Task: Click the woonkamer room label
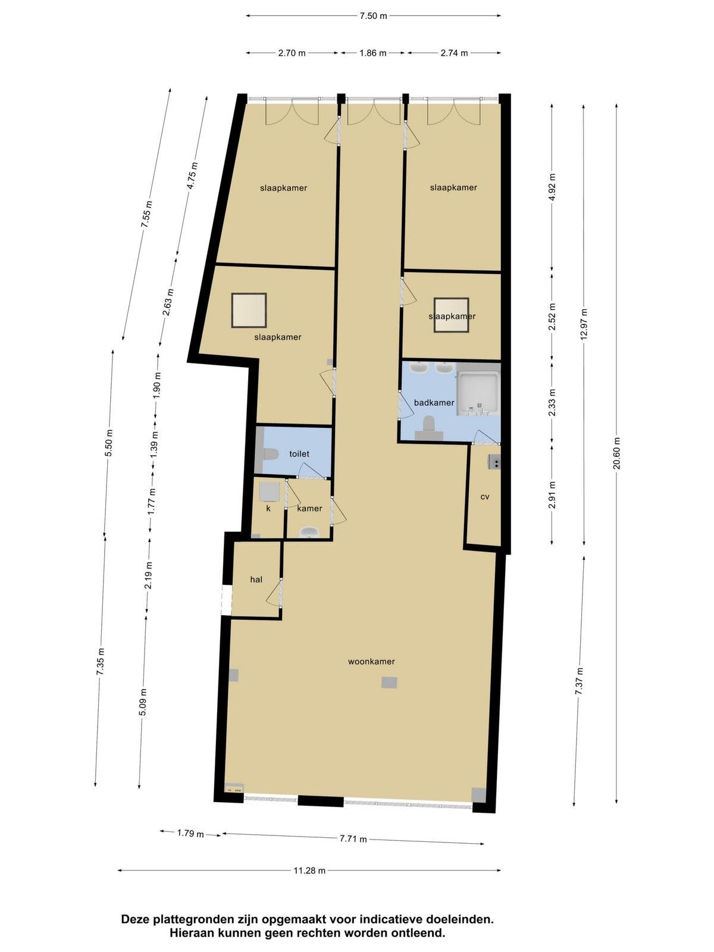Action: point(371,662)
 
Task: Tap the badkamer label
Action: point(434,402)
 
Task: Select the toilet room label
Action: point(299,453)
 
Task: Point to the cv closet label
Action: point(485,497)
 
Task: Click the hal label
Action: point(256,579)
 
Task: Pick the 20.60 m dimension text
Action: point(617,453)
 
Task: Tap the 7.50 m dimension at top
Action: point(373,16)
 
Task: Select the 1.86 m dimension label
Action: point(373,53)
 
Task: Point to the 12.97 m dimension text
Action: point(584,325)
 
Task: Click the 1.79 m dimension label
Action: point(190,833)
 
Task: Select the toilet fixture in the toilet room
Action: point(271,453)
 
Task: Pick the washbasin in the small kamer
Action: point(309,532)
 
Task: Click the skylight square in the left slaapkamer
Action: point(249,310)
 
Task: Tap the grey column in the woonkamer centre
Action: point(389,682)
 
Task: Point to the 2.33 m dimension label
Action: point(552,402)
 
